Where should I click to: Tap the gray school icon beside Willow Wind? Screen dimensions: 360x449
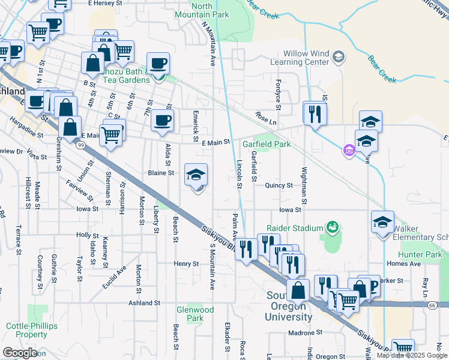338,56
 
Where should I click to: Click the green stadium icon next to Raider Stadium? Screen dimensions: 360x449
331,227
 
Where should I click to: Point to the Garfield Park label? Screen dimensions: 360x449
266,145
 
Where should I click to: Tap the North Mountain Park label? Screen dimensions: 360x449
193,10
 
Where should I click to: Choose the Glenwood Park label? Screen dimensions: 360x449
196,314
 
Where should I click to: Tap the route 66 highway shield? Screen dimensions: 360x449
432,305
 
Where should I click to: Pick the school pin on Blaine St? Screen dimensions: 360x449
196,175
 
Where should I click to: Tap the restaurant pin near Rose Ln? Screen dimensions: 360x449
315,113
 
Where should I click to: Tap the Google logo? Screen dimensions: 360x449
19,353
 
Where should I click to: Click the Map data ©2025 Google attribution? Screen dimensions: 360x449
411,355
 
